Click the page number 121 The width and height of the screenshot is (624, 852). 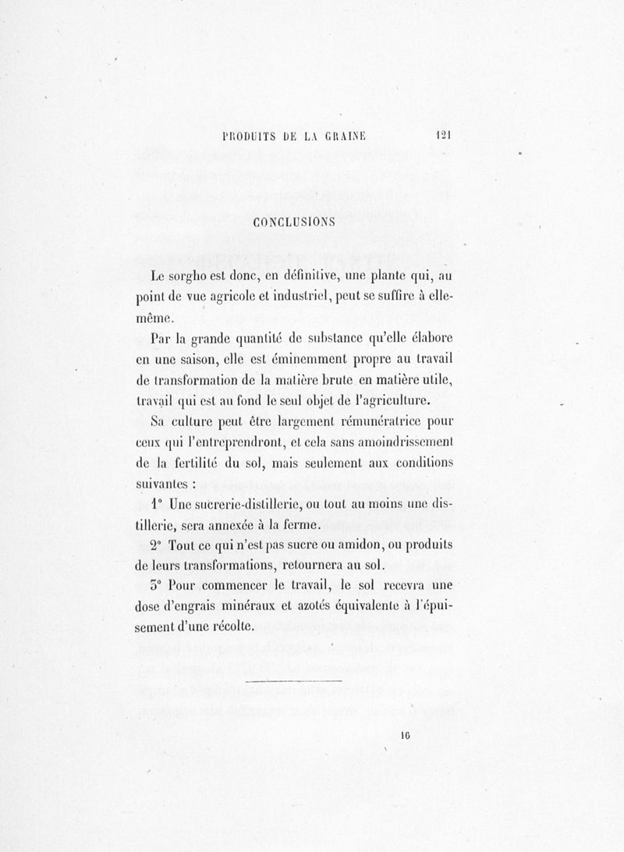[x=445, y=134]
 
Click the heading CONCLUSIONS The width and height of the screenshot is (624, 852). [x=294, y=222]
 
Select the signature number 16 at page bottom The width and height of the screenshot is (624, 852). [x=406, y=734]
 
